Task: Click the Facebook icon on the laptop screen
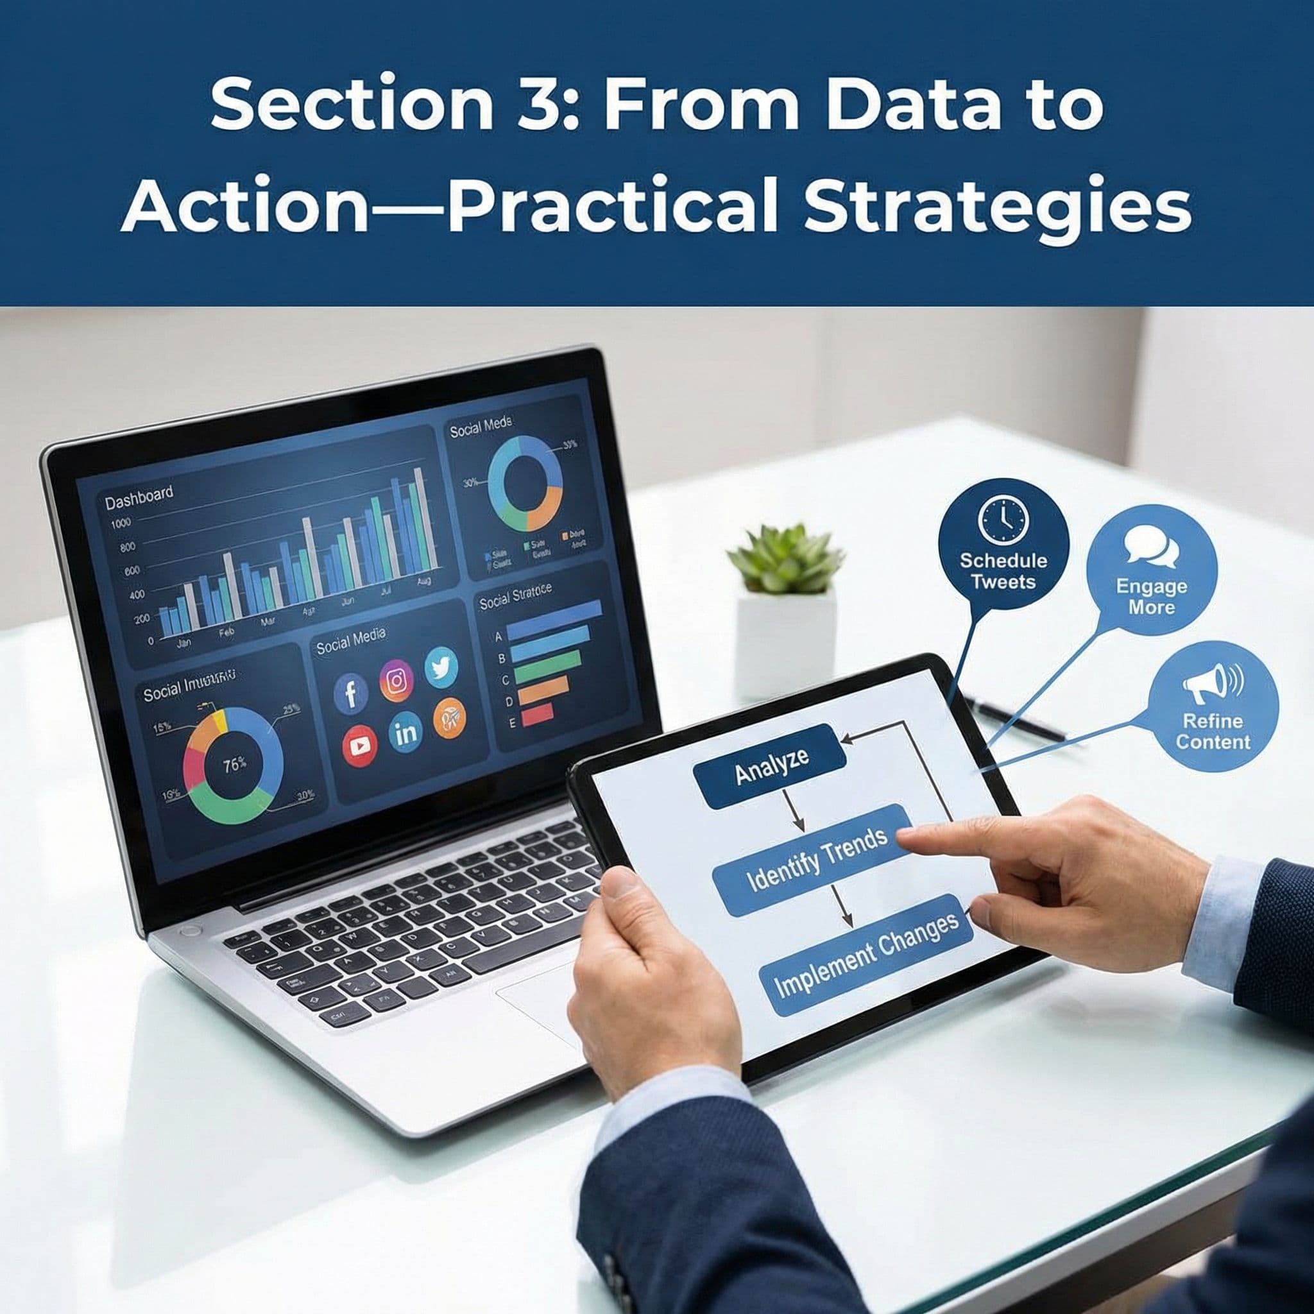pos(351,694)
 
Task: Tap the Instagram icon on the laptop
pos(396,680)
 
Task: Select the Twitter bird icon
pos(441,667)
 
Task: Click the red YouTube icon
pos(360,746)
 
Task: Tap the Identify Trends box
pos(816,860)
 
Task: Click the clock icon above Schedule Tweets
pos(1003,520)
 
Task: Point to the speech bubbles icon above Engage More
pos(1151,547)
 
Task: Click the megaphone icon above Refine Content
pos(1213,684)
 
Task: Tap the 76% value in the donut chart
pos(235,764)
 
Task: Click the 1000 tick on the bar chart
pos(121,523)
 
